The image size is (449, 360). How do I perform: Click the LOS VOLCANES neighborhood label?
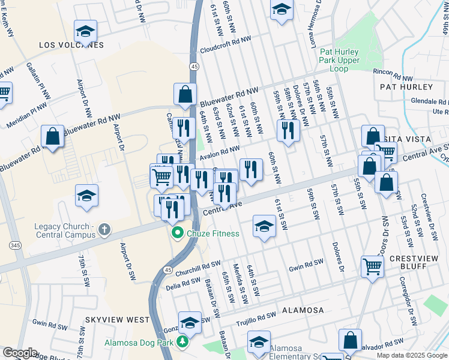(71, 45)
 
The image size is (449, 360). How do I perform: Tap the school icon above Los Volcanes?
(85, 31)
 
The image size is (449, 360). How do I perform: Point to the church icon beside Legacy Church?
(104, 229)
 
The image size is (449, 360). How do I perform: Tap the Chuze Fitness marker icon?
(177, 233)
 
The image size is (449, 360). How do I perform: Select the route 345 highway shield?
(13, 245)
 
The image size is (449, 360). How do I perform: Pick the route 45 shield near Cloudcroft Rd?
(194, 65)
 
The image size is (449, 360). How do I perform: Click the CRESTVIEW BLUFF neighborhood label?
(415, 258)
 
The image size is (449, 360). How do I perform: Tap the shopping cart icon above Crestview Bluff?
(372, 265)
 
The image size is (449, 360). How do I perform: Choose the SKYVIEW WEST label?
(117, 320)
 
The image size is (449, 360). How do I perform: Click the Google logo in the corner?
(20, 353)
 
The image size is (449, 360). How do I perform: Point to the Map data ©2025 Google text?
(411, 355)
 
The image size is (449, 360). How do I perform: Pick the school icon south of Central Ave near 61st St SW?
(263, 227)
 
